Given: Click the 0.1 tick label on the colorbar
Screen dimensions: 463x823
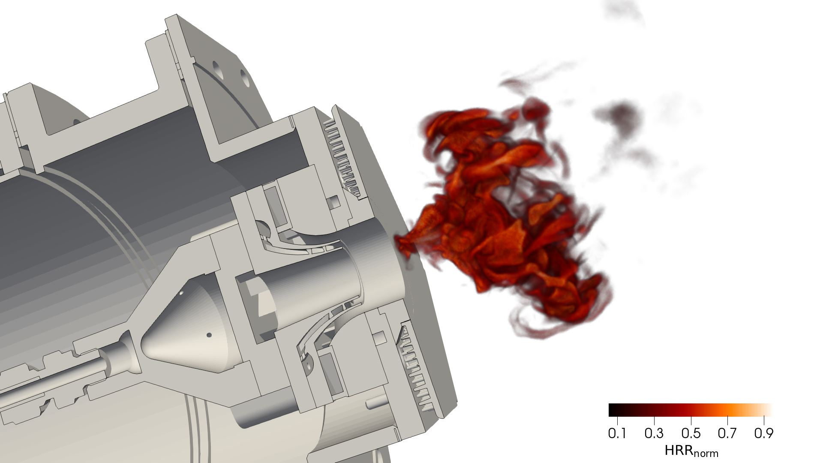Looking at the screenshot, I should pyautogui.click(x=617, y=433).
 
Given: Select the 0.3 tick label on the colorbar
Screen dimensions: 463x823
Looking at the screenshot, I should pyautogui.click(x=654, y=433).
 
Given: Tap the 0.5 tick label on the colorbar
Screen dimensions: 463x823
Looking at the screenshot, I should pyautogui.click(x=691, y=433).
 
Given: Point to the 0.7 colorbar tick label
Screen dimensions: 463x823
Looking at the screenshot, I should pyautogui.click(x=727, y=433).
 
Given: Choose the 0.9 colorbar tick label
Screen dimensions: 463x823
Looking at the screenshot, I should pyautogui.click(x=763, y=433).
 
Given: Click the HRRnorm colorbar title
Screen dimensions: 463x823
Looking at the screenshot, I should pyautogui.click(x=691, y=451).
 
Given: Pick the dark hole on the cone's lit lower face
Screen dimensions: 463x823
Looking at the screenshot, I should pyautogui.click(x=209, y=335).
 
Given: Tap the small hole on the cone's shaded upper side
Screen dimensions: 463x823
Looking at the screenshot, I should pyautogui.click(x=181, y=293).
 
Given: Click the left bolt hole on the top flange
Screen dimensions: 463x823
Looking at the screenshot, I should pyautogui.click(x=217, y=67).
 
